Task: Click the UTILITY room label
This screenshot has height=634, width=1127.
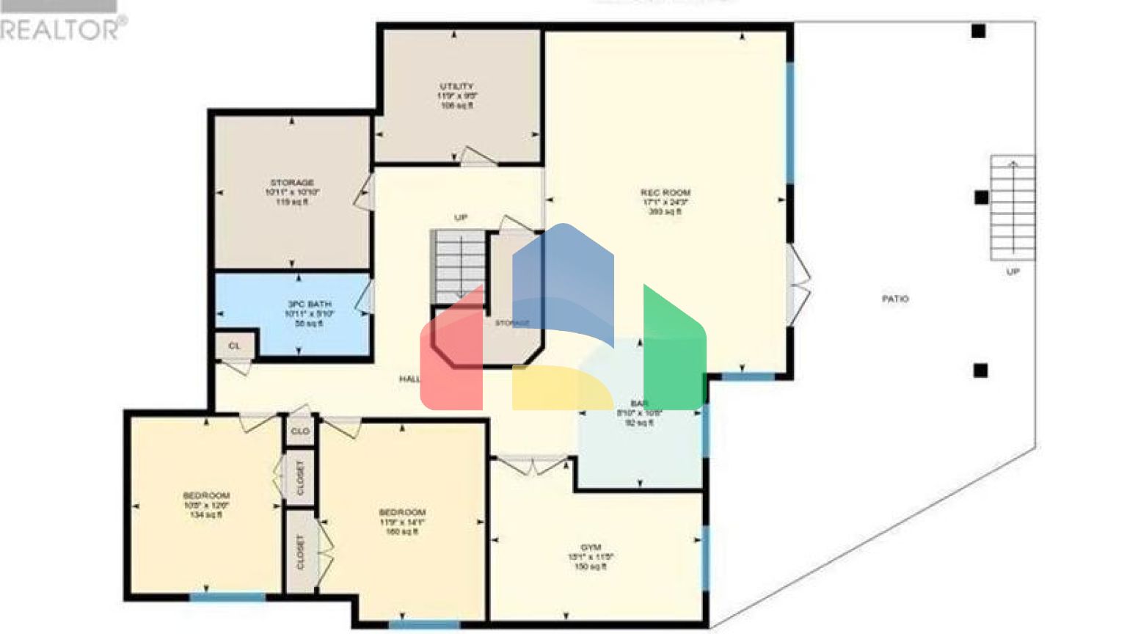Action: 456,87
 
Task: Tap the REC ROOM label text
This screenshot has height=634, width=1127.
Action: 665,193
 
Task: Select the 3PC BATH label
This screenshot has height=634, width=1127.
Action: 309,304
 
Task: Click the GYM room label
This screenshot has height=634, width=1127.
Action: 591,547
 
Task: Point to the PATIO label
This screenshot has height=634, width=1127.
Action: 894,299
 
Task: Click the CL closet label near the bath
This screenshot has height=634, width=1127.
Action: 234,346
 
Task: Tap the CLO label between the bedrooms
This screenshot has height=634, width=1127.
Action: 300,431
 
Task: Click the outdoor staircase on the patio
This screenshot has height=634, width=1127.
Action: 1013,208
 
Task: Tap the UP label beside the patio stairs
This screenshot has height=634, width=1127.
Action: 1013,272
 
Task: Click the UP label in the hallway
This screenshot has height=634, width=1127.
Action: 460,217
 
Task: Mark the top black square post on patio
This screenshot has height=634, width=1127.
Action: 978,31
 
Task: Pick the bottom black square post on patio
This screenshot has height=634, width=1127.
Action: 980,371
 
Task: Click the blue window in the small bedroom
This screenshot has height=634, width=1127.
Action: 227,597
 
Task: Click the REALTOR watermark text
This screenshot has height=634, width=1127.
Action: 62,29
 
